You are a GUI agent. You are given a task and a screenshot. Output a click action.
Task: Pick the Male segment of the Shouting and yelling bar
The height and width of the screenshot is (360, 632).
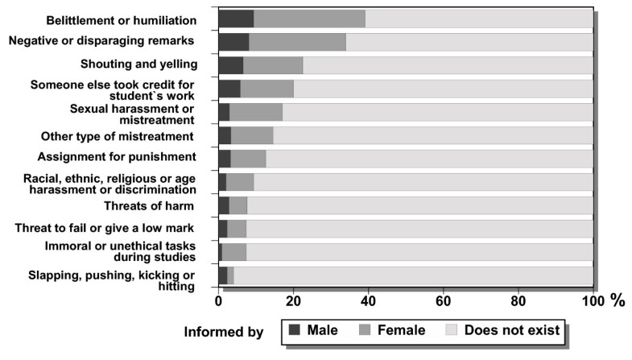coord(230,65)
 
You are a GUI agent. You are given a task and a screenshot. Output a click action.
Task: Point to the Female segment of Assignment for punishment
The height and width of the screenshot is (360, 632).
coord(248,159)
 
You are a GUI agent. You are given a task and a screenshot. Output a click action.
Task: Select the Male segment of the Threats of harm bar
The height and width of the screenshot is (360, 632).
coord(224,205)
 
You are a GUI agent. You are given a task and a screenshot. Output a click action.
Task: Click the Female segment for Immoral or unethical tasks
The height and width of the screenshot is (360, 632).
coord(234,252)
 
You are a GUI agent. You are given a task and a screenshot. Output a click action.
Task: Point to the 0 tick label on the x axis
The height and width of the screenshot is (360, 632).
coord(219,302)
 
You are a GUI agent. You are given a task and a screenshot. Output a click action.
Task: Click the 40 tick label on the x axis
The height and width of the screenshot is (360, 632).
coord(368,302)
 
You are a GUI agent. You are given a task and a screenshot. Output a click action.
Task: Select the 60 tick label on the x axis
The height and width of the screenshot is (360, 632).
coord(443,302)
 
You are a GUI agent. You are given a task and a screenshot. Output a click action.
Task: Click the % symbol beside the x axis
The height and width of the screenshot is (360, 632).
coord(618,302)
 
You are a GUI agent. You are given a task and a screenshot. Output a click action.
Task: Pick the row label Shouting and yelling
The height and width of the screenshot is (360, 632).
coord(138,64)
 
